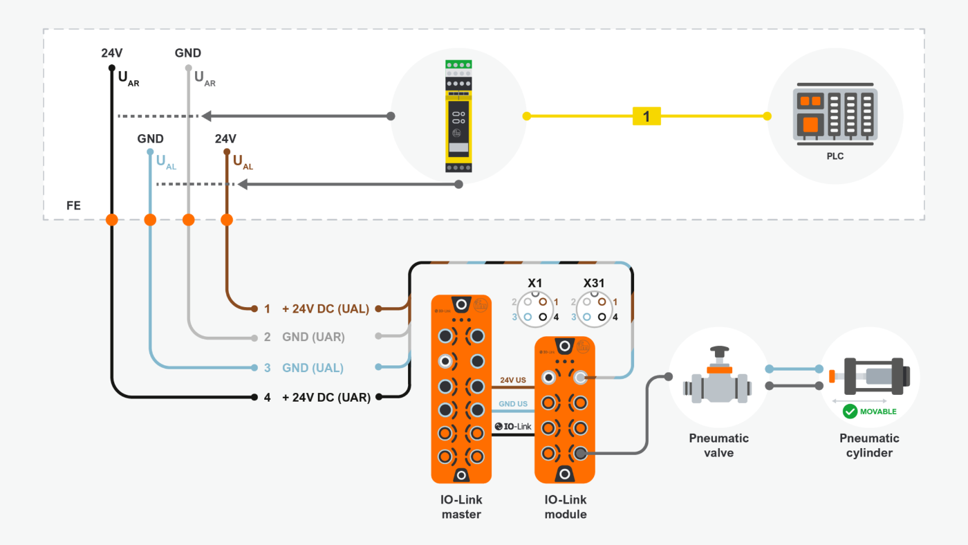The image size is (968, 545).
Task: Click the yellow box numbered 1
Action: coord(646,116)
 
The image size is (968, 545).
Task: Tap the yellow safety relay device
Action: coord(458,116)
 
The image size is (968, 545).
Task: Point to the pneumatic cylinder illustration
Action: coord(870,377)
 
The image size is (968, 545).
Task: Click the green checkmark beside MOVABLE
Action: coord(850,412)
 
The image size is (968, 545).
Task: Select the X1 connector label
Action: coord(534,283)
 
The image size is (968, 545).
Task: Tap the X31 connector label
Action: coord(594,283)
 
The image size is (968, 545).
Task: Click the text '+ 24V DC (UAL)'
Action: coord(325,308)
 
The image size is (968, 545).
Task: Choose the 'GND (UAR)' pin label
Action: coord(313,338)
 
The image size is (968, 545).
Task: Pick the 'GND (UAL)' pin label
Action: coord(313,367)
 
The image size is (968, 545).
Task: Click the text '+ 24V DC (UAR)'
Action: coord(326,397)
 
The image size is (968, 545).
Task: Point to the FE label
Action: coord(73,205)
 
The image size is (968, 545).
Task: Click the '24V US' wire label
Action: coord(514,380)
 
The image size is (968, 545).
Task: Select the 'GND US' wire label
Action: coord(513,403)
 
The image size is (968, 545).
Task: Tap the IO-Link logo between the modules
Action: coord(513,426)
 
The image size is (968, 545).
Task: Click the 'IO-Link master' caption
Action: coord(461,507)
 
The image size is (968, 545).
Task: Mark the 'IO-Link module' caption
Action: coord(565,507)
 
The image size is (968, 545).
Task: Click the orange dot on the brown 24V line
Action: coord(226,220)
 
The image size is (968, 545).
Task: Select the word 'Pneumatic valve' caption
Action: coord(718,445)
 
